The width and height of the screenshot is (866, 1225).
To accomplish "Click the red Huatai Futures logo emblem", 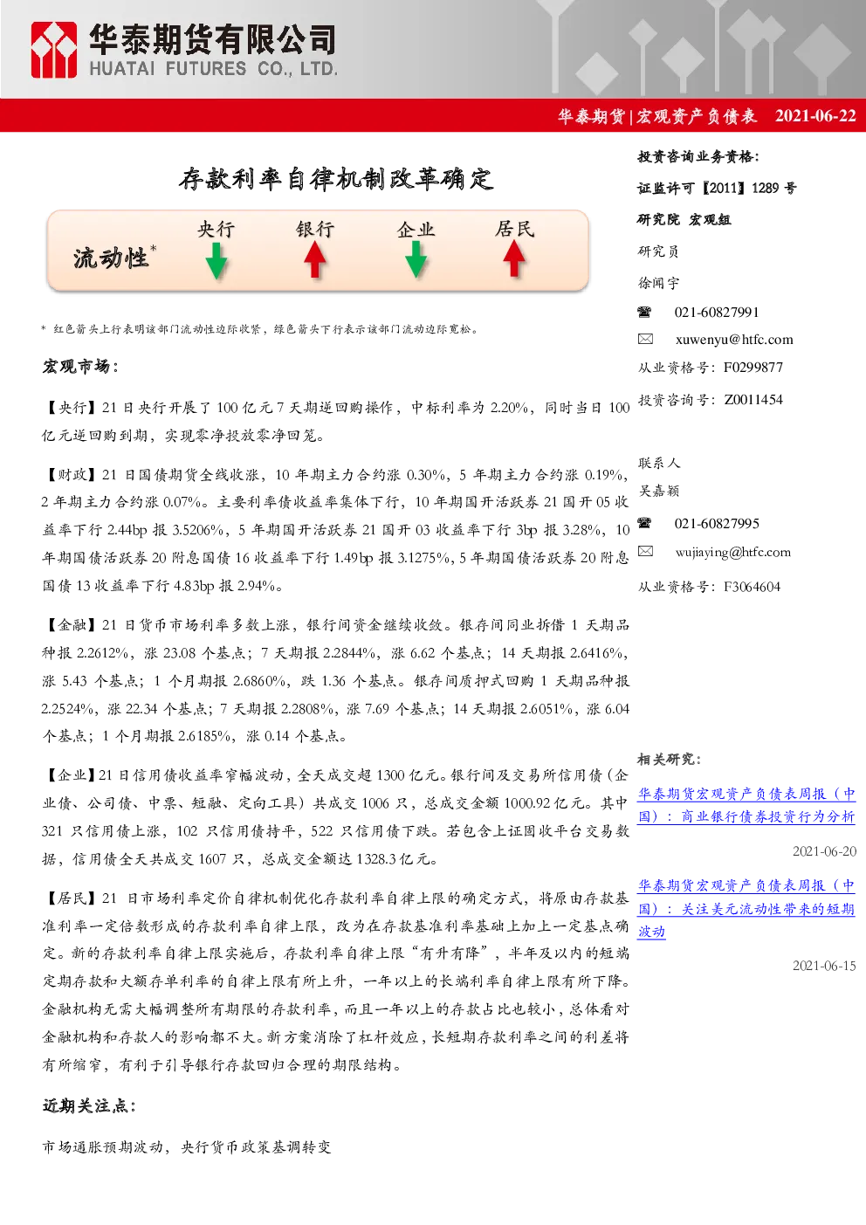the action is tap(53, 50).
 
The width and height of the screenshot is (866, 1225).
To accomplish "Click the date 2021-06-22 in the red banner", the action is tap(815, 115).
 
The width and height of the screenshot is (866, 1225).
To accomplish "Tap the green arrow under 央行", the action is tap(216, 261).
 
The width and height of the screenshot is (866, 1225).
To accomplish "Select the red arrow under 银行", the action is tap(315, 260).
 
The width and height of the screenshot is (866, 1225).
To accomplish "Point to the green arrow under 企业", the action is tap(416, 260).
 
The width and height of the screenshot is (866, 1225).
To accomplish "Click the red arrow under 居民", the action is tap(514, 258).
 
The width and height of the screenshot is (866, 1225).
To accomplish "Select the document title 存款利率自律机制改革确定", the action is tap(336, 179).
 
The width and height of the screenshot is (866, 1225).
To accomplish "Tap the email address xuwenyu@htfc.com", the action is tap(734, 340).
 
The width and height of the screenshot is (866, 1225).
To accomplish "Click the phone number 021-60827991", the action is tap(717, 313).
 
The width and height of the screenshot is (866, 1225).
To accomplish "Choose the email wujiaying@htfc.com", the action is tap(733, 553).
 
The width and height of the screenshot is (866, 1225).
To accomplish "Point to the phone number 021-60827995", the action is tap(717, 524).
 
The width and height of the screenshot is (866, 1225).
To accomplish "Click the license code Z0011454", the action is tap(753, 400).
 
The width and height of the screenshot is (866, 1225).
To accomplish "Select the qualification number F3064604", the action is tap(753, 587).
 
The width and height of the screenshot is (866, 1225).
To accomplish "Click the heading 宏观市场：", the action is tap(80, 367).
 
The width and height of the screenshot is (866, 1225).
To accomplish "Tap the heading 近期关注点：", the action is tap(89, 1105).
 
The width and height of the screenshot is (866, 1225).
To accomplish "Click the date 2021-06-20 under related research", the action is tap(824, 851).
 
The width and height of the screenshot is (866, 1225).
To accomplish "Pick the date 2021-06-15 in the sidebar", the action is tap(824, 966).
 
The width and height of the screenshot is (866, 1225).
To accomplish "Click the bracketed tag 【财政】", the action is tap(70, 475).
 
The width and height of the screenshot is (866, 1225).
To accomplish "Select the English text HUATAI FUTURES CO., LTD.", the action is tap(213, 69).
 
